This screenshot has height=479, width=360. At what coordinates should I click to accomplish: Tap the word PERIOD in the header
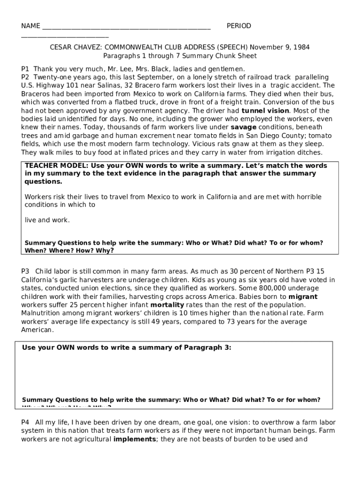click(x=238, y=26)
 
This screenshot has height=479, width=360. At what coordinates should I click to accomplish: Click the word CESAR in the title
click(x=61, y=47)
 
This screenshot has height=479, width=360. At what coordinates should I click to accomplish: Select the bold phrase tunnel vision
click(x=266, y=111)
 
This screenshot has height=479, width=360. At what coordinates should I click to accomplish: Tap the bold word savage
click(x=244, y=127)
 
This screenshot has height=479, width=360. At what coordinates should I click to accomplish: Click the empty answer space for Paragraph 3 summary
click(x=177, y=374)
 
